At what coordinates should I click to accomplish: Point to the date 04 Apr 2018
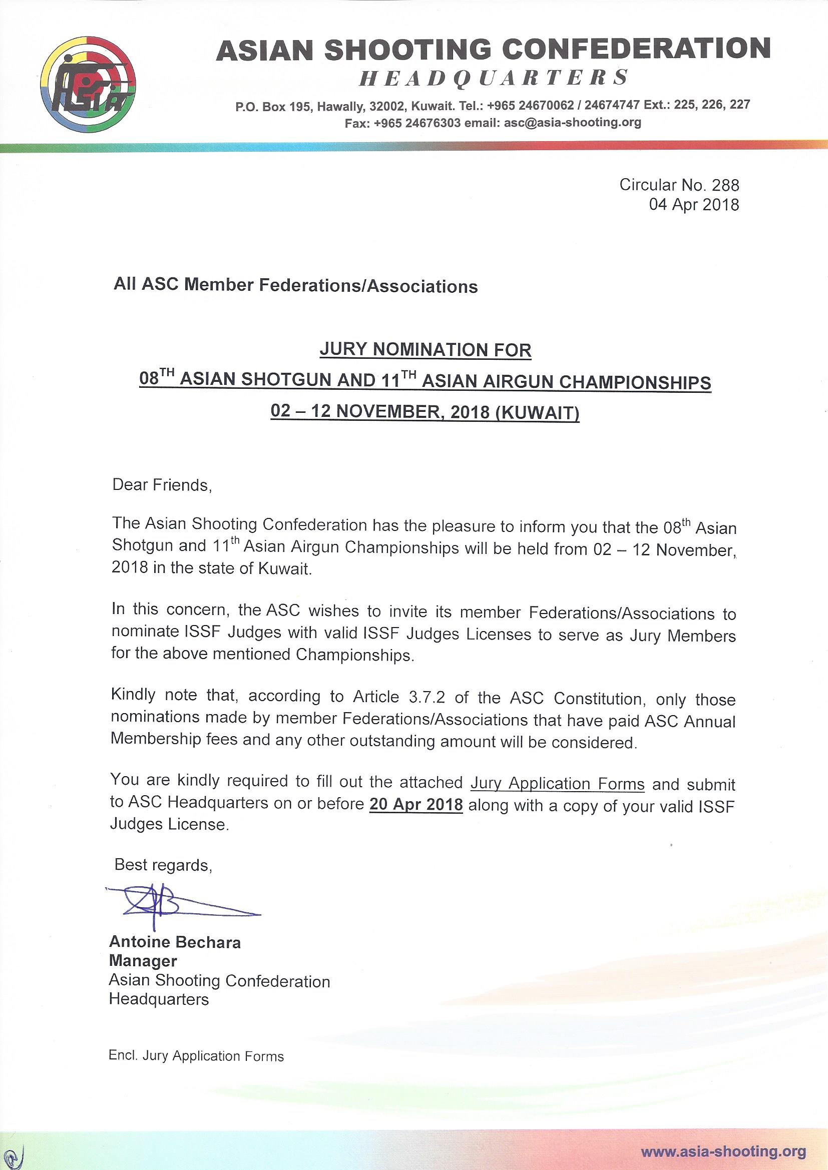coord(693,205)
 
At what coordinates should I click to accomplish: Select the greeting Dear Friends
coord(162,484)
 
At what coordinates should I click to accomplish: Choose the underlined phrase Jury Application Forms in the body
coord(557,783)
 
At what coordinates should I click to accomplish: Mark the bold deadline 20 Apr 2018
coord(416,805)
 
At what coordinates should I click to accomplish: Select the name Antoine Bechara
coord(175,942)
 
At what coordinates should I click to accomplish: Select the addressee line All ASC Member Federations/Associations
coord(296,286)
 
